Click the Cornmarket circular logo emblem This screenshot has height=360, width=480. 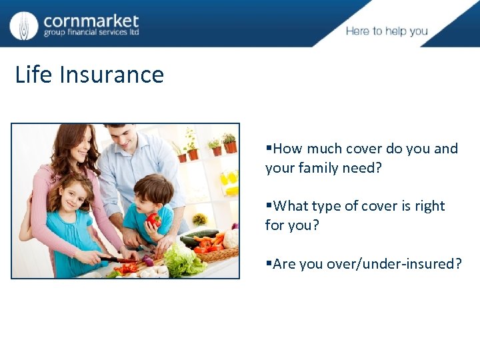pyautogui.click(x=24, y=25)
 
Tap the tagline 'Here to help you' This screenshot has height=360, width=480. pyautogui.click(x=387, y=31)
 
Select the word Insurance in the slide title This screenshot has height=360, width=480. pyautogui.click(x=111, y=74)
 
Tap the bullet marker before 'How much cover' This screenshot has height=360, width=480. pyautogui.click(x=269, y=149)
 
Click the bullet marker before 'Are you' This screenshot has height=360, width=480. pyautogui.click(x=269, y=264)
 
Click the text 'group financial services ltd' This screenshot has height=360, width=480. pyautogui.click(x=91, y=33)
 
